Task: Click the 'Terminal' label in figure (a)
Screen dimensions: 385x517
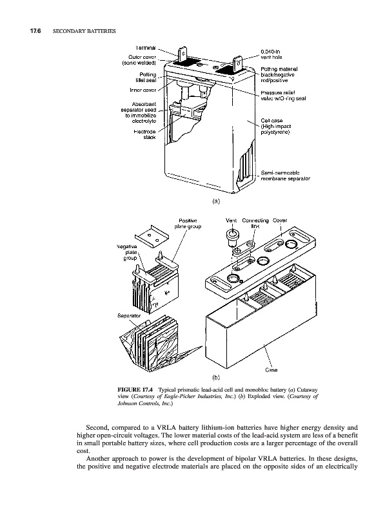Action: coord(146,48)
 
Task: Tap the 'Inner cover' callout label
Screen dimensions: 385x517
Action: coord(143,90)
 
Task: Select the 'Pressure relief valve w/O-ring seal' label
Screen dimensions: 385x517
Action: coord(283,96)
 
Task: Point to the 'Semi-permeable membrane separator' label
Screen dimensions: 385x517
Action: coord(285,175)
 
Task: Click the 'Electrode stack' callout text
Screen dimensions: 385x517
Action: coord(145,134)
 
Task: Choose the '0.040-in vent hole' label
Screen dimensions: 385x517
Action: coord(271,54)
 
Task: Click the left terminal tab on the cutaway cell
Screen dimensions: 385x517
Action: coord(183,54)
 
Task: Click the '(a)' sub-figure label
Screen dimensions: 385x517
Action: coord(216,201)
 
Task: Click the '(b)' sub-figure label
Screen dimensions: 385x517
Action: coord(216,377)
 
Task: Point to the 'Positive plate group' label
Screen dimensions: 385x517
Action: coord(188,224)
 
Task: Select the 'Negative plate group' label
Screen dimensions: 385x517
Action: coord(128,252)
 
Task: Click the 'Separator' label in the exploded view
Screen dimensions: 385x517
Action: coord(129,316)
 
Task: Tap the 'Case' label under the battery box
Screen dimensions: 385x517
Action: coord(271,370)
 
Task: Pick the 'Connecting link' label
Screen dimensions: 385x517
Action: coord(255,224)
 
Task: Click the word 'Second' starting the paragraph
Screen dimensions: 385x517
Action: coord(97,428)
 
